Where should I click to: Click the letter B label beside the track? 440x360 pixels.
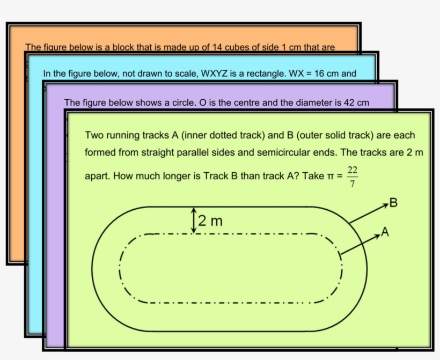point(394,203)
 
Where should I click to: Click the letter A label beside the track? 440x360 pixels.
point(385,232)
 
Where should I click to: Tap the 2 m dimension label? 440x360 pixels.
point(210,221)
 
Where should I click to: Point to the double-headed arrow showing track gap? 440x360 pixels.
point(194,221)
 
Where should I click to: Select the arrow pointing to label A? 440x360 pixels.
point(361,245)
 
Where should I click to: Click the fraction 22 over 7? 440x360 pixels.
point(353,177)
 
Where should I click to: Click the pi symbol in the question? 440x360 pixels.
point(330,177)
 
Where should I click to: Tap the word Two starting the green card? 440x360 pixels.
point(94,135)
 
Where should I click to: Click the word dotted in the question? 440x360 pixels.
point(223,135)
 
